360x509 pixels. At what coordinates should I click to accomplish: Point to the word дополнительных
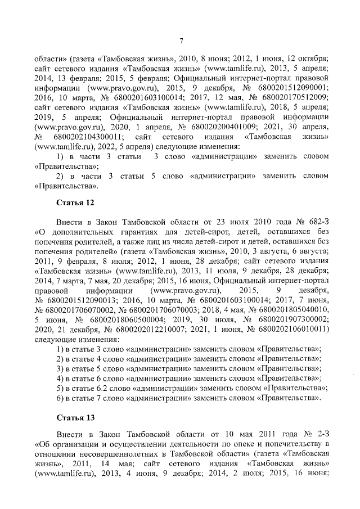point(80,232)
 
